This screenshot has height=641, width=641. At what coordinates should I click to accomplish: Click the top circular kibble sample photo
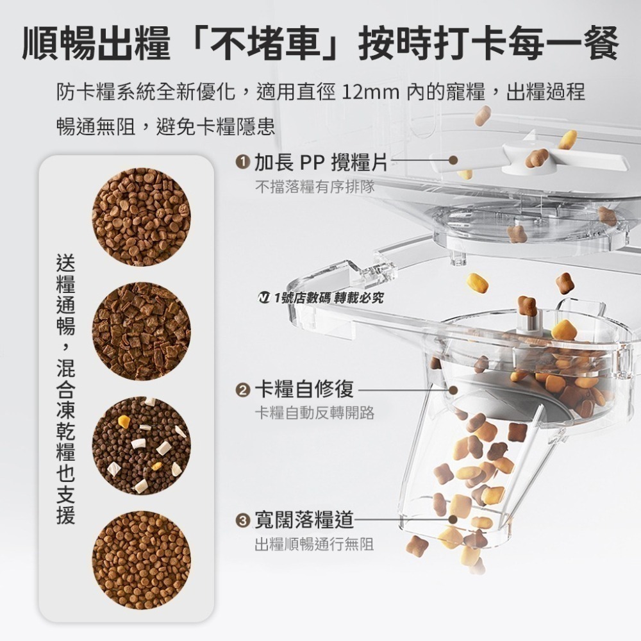[x=141, y=217]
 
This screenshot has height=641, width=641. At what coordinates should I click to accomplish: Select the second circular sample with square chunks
[x=141, y=331]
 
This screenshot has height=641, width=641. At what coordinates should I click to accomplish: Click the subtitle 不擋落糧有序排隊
[x=315, y=187]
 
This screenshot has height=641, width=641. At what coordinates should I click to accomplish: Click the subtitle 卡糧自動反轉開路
[x=314, y=413]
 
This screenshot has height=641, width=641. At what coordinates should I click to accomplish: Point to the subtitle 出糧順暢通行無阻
[x=314, y=544]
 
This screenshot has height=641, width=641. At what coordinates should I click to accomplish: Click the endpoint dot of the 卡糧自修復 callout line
[x=453, y=390]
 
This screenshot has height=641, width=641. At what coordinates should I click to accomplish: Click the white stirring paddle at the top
[x=513, y=157]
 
